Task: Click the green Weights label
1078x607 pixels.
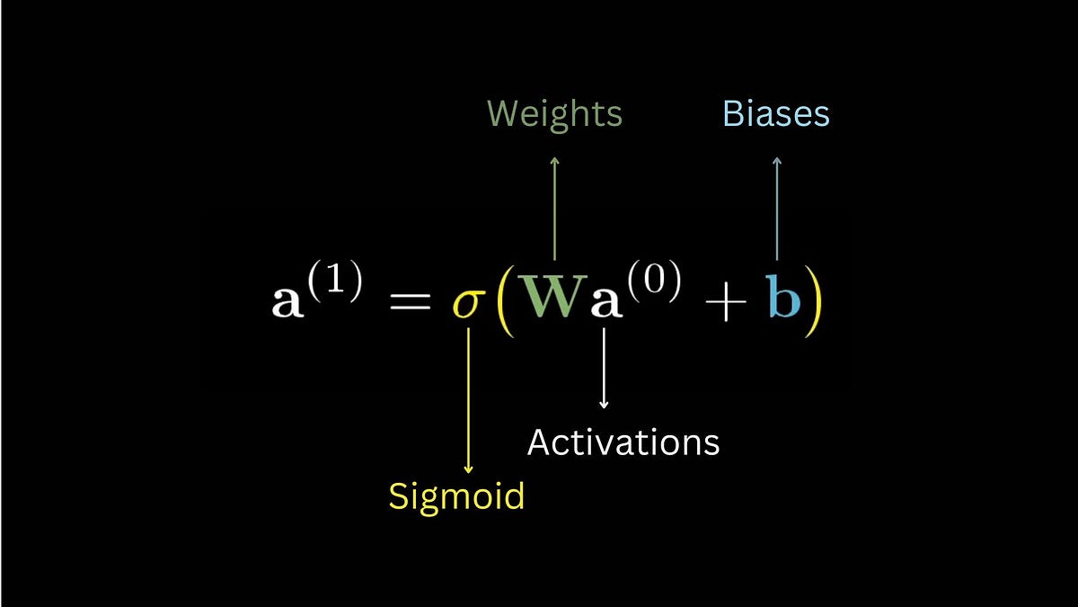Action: tap(554, 114)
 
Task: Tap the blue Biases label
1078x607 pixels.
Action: tap(776, 114)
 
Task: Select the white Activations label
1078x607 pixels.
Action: tap(623, 442)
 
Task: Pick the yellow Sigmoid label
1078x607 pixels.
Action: tap(456, 495)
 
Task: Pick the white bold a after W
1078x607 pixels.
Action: tap(604, 303)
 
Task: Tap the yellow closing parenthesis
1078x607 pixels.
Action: tap(812, 300)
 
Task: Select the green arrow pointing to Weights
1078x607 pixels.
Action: tap(554, 207)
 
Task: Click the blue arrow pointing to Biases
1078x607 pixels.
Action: tap(777, 207)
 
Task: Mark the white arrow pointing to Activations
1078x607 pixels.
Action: tap(604, 369)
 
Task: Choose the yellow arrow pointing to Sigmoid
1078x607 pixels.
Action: tap(468, 400)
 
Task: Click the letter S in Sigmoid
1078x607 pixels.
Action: tap(398, 495)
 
